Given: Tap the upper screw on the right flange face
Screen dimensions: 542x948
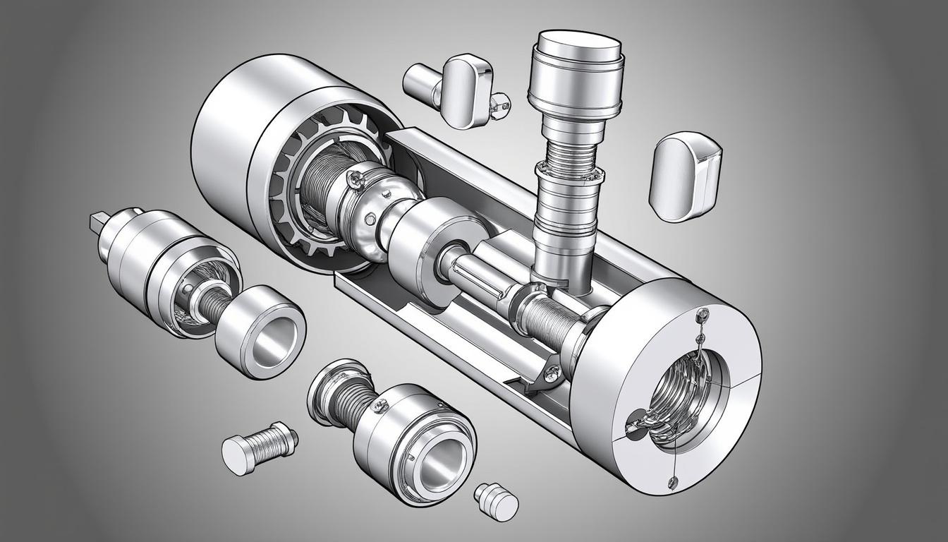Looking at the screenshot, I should [702, 312].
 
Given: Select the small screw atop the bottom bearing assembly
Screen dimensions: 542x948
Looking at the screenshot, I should [381, 405].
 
